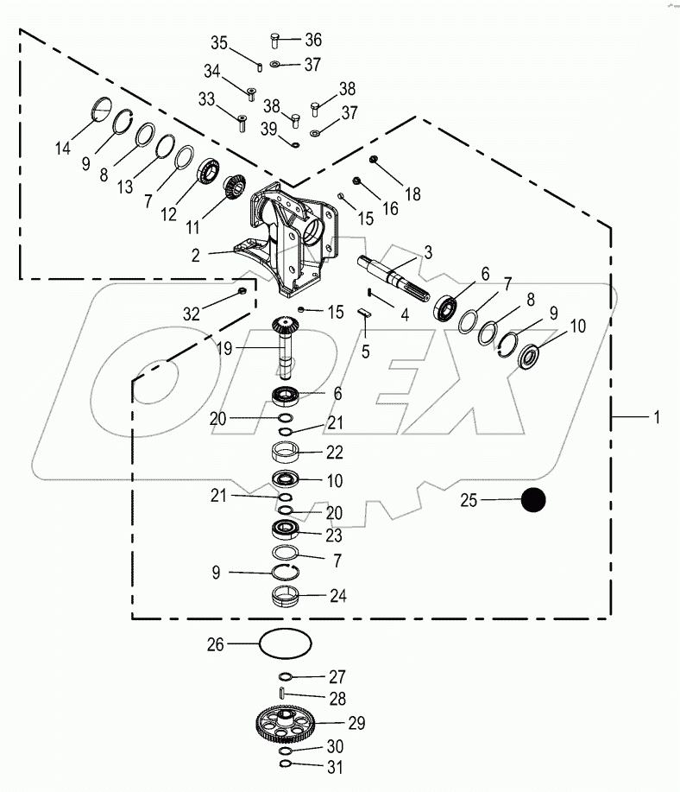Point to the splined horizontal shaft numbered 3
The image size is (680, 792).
pyautogui.click(x=397, y=276)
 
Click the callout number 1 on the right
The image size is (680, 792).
pyautogui.click(x=656, y=417)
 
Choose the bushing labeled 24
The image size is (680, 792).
pyautogui.click(x=285, y=596)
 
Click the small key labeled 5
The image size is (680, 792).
pyautogui.click(x=364, y=314)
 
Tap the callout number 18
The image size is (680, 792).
pyautogui.click(x=412, y=194)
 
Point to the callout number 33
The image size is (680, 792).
pyautogui.click(x=206, y=100)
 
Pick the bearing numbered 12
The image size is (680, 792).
pyautogui.click(x=210, y=169)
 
